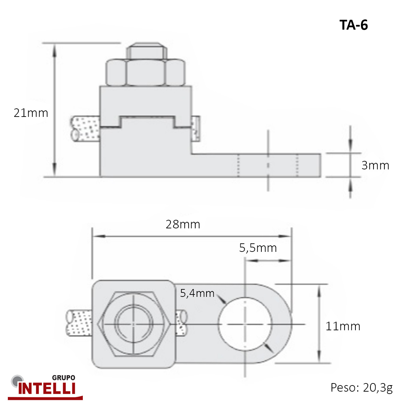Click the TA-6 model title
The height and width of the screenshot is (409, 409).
pos(353,25)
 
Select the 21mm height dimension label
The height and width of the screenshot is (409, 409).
pos(31,113)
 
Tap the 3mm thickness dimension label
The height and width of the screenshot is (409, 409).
pos(375,165)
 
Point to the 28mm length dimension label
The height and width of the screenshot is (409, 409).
pos(183,224)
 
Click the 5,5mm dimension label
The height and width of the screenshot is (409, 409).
pos(258,248)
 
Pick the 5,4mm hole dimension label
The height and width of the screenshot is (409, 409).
pos(197,293)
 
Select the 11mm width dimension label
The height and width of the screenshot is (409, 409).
pos(343,326)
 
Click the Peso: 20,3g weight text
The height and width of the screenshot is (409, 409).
pos(362,388)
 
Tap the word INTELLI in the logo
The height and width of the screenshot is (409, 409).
pos(47,389)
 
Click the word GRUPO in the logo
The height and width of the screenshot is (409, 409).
pos(64,378)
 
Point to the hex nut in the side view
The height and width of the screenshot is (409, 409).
pos(146,72)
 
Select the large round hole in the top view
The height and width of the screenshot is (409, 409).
pos(245,324)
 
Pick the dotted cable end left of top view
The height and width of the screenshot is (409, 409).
pos(79,323)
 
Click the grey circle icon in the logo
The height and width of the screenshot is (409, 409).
pos(17,381)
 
